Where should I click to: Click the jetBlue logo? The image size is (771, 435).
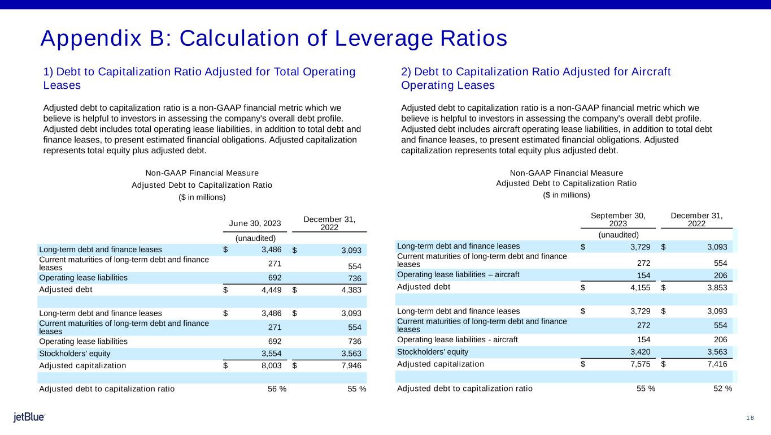[29, 417]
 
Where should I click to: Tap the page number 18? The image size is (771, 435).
[750, 418]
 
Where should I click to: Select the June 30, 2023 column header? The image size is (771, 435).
[255, 223]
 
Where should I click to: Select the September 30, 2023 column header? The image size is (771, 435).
[618, 219]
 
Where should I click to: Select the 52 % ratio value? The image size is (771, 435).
[723, 388]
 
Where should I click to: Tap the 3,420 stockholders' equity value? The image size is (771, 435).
[639, 351]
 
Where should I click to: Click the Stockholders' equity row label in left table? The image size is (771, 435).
[69, 353]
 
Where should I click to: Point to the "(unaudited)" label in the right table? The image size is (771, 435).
[618, 234]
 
